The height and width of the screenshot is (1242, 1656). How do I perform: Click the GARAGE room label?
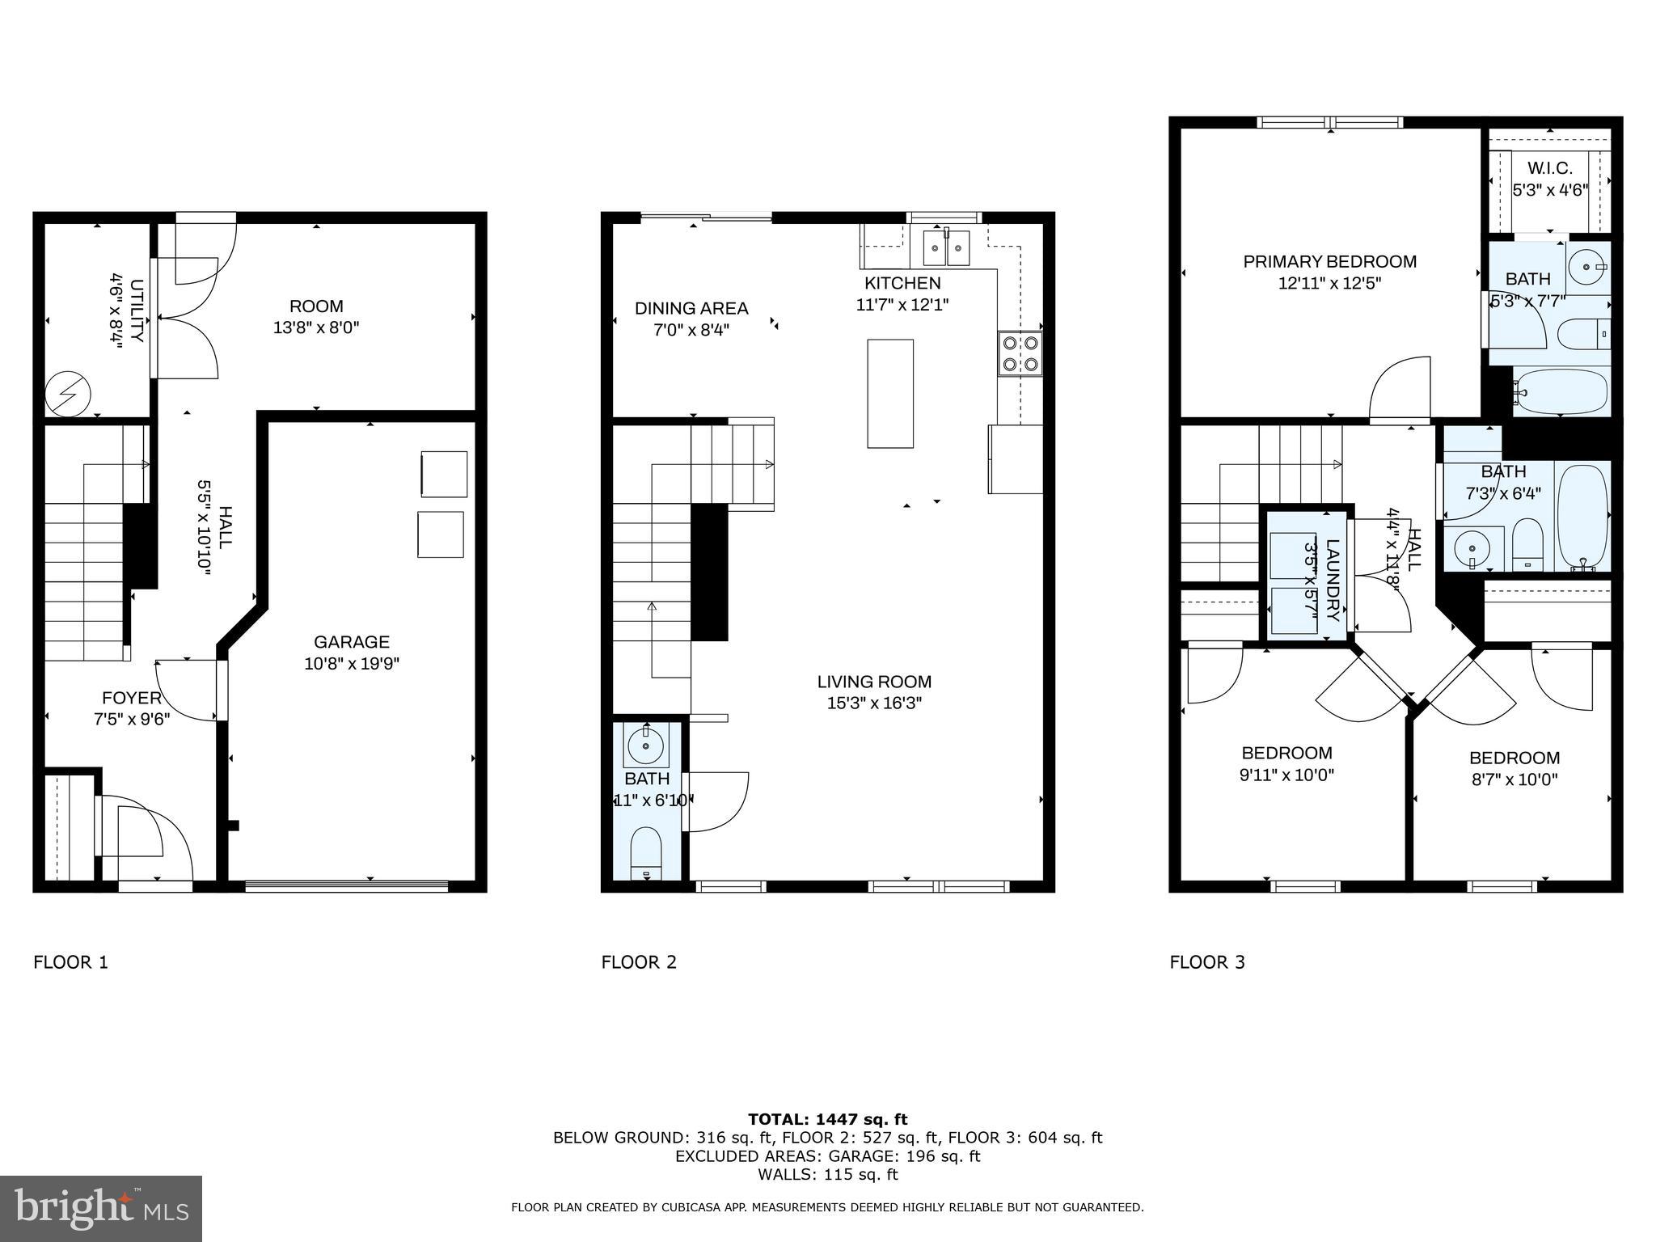coord(351,642)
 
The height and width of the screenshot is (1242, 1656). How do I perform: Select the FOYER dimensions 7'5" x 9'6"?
coord(132,719)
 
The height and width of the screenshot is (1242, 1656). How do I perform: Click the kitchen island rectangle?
coord(890,394)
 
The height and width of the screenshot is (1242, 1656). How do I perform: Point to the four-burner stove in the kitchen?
coord(1020,354)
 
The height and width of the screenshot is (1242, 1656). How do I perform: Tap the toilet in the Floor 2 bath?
coord(645,852)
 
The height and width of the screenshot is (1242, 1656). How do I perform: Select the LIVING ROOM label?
coord(874,682)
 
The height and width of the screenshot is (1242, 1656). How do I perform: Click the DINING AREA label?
coord(691,308)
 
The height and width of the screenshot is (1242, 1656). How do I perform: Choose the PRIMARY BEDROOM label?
coord(1329,262)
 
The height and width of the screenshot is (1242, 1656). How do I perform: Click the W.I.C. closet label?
coord(1550,169)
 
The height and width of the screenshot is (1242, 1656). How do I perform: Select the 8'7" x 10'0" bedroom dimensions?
coord(1514,779)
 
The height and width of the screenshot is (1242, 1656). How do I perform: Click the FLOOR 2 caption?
coord(639,962)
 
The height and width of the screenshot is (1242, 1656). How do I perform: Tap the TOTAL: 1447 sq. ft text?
coord(827,1119)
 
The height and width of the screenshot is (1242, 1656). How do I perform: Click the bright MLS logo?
coord(100,1208)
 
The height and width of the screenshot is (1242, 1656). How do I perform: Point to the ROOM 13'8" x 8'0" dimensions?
coord(316,328)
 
